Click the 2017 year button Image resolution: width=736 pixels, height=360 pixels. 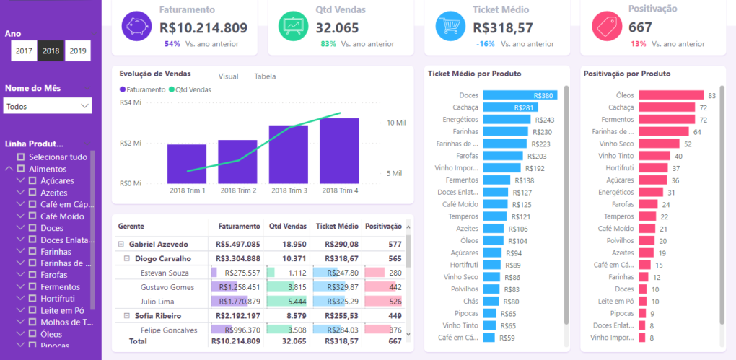point(24,51)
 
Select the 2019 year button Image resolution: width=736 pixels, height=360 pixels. point(77,51)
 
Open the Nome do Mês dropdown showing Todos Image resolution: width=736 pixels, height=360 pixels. point(48,106)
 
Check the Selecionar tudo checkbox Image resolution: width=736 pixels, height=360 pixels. point(21,157)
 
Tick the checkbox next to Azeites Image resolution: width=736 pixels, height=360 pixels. point(32,193)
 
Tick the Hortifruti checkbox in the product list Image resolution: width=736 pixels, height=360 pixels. point(32,298)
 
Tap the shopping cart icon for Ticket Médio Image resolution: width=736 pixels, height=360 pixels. point(450,26)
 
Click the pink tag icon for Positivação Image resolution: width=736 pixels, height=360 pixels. point(607,26)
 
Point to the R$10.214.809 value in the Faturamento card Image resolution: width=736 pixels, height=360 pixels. point(203,28)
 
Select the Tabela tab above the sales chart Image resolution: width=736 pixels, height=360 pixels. point(265,76)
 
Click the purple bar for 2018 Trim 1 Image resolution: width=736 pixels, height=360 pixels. point(187,164)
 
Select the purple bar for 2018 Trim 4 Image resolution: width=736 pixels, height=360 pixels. point(339,150)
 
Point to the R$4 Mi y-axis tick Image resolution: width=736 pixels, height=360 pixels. point(131,102)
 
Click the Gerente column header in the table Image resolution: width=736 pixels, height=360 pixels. point(131,227)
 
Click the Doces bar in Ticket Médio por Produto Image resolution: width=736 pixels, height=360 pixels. point(520,95)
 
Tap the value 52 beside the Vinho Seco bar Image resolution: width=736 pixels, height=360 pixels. point(688,144)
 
